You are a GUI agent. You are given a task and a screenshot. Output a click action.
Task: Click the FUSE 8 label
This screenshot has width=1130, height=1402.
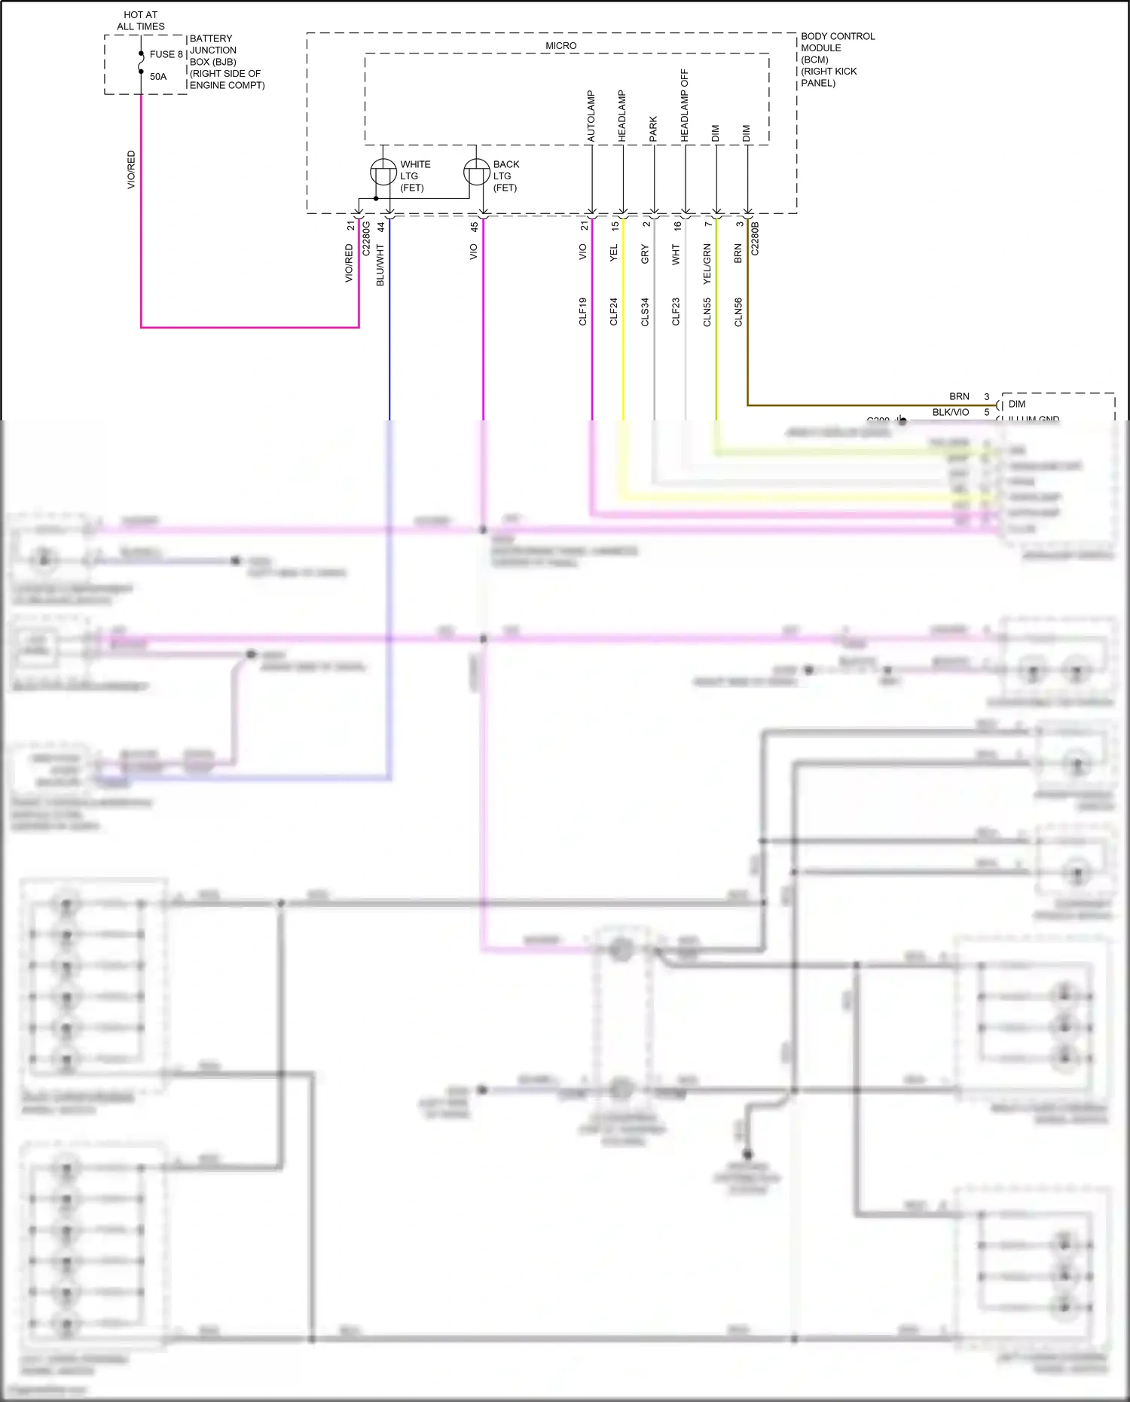(x=166, y=54)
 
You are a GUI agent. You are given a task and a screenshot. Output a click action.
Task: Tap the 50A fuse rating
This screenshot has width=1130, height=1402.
(x=158, y=77)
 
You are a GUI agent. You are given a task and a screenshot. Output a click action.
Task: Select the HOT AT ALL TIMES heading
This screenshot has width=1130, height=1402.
(x=141, y=20)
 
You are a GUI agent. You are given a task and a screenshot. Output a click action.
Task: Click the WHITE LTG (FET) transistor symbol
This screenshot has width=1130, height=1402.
(x=383, y=173)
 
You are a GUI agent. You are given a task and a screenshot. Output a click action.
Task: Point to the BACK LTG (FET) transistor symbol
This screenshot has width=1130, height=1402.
(x=476, y=173)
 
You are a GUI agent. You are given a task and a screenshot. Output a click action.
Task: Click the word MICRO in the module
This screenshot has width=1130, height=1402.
(x=560, y=46)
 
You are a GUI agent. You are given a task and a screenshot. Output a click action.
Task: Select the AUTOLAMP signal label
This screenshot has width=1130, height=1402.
(x=591, y=117)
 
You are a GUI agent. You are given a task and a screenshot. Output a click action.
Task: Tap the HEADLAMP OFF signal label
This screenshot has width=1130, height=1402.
(x=685, y=105)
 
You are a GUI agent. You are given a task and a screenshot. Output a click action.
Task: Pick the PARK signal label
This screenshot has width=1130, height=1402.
(x=653, y=129)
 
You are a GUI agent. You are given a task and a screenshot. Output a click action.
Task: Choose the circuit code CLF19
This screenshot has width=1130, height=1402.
(x=583, y=312)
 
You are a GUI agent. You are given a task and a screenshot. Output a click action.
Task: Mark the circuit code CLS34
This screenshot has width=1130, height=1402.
(x=645, y=312)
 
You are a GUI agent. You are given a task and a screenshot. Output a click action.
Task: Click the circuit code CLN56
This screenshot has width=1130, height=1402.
(x=738, y=312)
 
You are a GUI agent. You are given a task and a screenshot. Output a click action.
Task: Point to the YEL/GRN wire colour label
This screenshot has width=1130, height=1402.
(x=707, y=264)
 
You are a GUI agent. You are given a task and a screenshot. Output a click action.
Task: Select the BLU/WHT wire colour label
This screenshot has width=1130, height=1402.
(x=380, y=264)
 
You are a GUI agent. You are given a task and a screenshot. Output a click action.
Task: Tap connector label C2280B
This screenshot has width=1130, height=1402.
(x=756, y=238)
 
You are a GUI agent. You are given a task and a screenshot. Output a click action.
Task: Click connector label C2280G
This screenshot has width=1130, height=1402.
(x=366, y=238)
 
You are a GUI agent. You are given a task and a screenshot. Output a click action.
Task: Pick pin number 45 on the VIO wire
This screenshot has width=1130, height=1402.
(x=474, y=226)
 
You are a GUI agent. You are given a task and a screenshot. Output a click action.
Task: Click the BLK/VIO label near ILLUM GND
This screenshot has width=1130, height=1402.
(x=950, y=412)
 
